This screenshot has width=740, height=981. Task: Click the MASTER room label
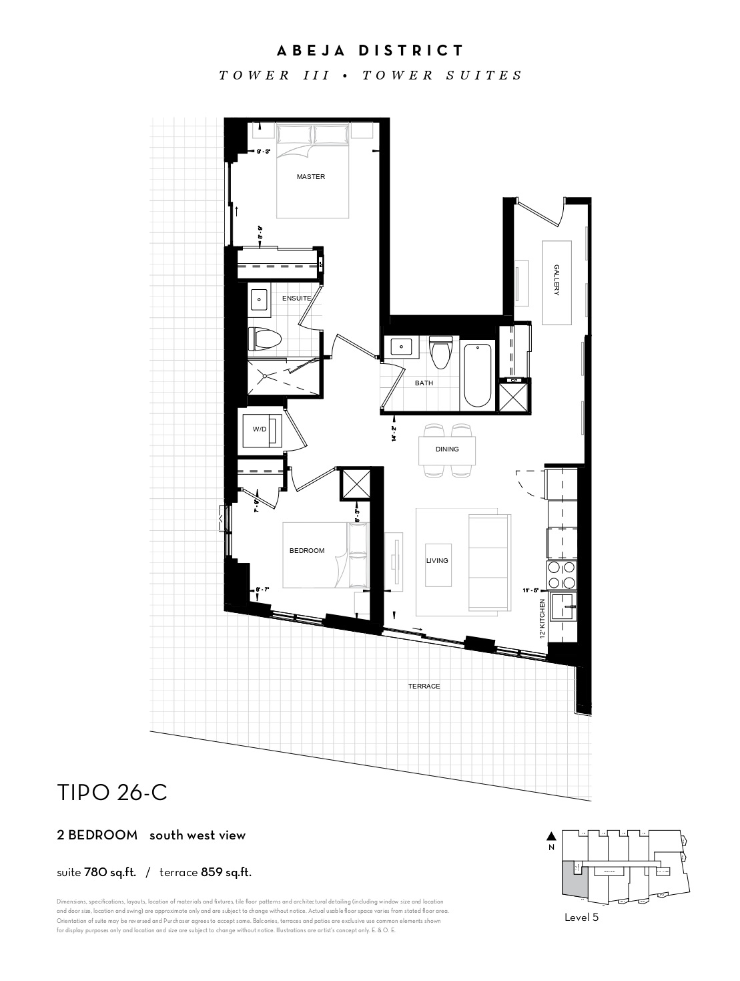311,177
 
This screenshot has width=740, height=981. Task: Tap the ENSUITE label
296,298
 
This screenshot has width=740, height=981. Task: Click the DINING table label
447,449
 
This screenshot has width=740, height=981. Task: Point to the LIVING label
437,561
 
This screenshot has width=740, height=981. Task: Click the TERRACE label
424,686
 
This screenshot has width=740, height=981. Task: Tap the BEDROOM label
307,551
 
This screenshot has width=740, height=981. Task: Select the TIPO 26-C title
112,793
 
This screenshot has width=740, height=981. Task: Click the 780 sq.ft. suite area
110,872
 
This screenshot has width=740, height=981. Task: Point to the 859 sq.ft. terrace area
226,872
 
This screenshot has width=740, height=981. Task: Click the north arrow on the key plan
550,836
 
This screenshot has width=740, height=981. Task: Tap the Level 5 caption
581,918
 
